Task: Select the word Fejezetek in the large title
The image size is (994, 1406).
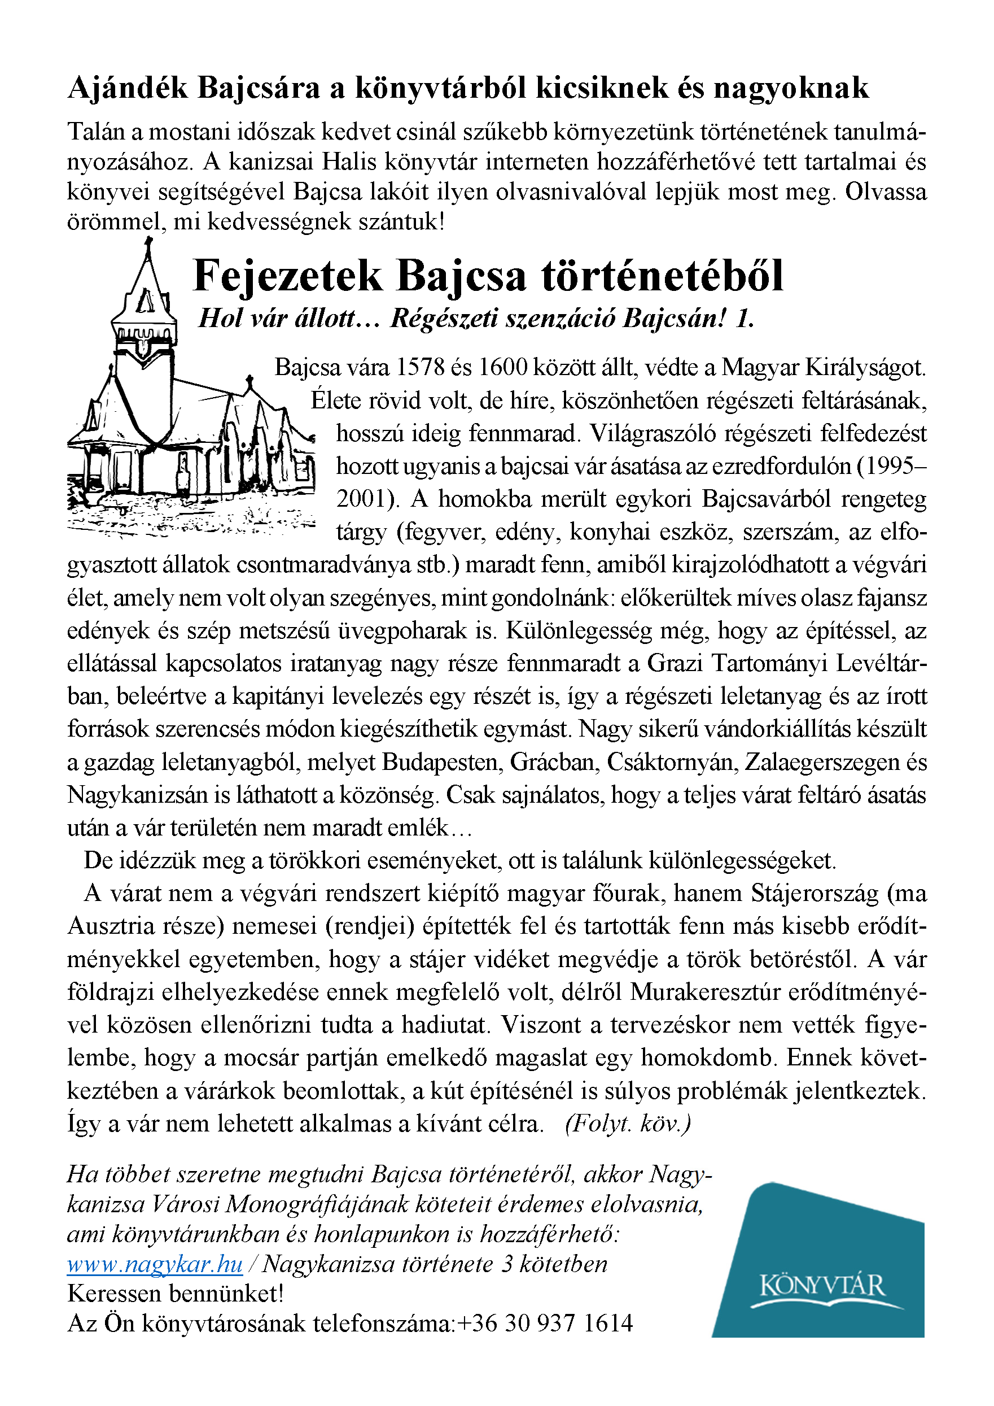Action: coord(288,276)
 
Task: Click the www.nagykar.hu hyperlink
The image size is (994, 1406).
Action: coord(155,1264)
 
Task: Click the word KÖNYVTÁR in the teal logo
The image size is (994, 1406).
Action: coord(822,1285)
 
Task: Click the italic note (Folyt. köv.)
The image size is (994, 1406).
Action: coord(628,1124)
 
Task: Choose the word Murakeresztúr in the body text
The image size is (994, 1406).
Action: coord(704,992)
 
